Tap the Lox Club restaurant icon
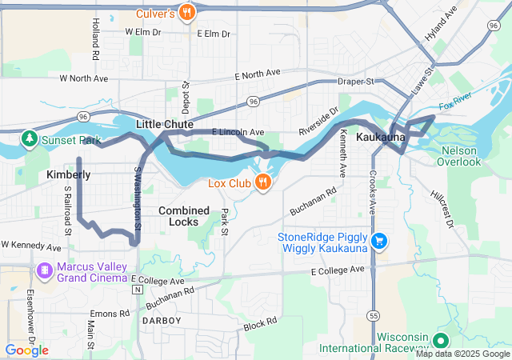point(262,183)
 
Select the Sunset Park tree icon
point(30,141)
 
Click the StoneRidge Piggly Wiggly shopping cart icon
point(380,241)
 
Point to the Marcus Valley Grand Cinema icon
point(43,272)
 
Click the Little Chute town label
point(164,125)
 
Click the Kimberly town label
point(68,174)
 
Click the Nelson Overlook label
point(458,155)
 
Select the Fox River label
point(456,105)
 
